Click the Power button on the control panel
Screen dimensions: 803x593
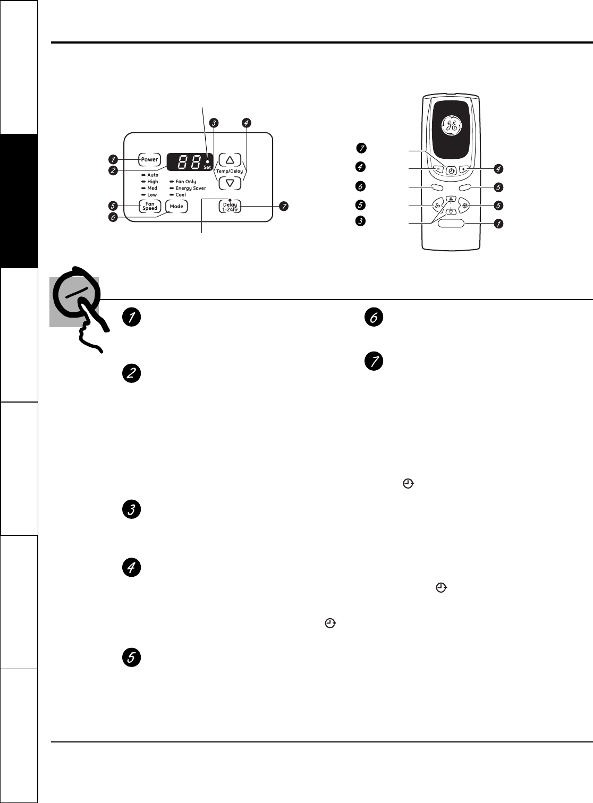pos(149,159)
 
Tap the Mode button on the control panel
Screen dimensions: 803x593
pos(176,207)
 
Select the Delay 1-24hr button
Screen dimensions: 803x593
pos(230,207)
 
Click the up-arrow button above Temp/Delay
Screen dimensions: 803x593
pos(230,160)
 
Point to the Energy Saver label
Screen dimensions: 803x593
pos(190,189)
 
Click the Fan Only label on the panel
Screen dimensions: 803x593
pos(185,182)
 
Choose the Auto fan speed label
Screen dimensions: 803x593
pos(153,175)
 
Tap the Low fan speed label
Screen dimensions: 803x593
pos(152,195)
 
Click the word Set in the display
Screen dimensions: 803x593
pos(207,167)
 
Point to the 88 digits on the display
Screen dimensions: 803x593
pos(187,162)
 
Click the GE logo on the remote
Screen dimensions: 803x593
pos(451,126)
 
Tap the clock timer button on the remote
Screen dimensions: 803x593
pos(451,171)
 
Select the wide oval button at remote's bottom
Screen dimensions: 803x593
pos(451,224)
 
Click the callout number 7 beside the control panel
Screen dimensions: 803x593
pos(285,206)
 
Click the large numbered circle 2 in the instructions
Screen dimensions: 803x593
pos(131,373)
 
